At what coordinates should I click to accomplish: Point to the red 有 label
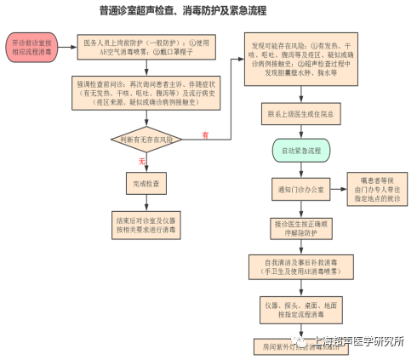coord(205,134)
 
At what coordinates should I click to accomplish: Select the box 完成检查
coord(146,183)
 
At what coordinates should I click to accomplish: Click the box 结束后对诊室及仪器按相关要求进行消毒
coord(146,224)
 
